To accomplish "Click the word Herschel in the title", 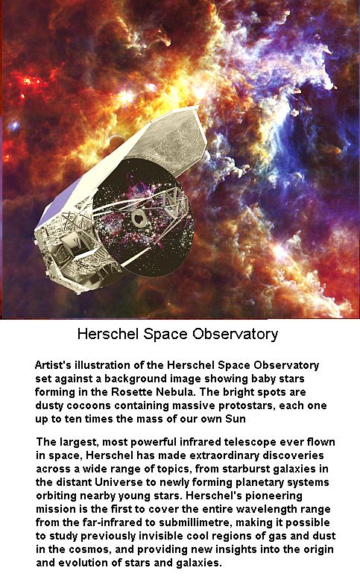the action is click(x=108, y=333).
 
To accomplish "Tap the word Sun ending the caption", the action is click(x=236, y=419).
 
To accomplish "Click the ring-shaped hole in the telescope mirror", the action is click(x=139, y=218).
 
